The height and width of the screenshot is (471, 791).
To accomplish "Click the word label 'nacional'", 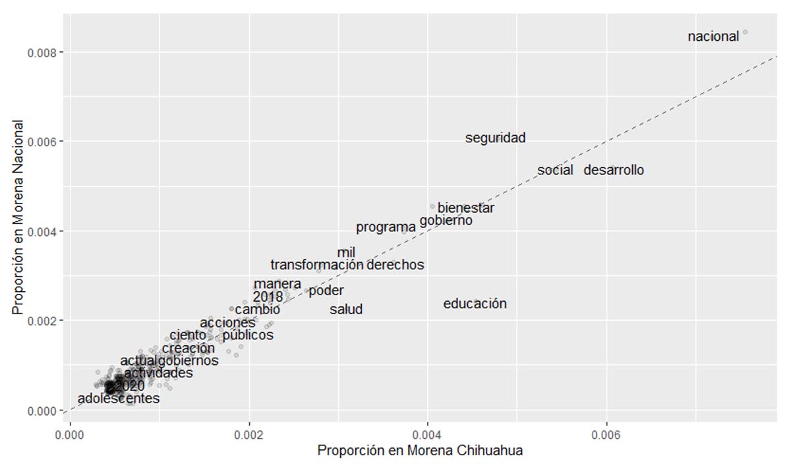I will pos(713,37).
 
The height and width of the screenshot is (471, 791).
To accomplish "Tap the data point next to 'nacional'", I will pos(745,32).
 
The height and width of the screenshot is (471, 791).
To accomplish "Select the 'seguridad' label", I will pos(495,138).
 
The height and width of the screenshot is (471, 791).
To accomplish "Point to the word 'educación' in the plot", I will pos(475,304).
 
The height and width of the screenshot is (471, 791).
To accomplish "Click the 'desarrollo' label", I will pos(614,170).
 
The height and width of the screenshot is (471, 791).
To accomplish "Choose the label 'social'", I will pos(555,170).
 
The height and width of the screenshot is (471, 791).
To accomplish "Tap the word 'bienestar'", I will pos(466,208).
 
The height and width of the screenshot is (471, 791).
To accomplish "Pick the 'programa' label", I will pos(386,228).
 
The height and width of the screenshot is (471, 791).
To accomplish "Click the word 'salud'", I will pos(346,309).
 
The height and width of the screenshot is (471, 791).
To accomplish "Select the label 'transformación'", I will pos(317,265).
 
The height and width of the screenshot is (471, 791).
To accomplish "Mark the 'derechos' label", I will pos(395,265).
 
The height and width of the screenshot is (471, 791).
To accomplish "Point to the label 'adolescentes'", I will pos(119,399).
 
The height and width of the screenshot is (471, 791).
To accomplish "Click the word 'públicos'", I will pos(248,335).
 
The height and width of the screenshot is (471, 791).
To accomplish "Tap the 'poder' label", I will pos(326,291).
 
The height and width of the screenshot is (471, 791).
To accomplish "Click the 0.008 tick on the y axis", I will pos(41,53).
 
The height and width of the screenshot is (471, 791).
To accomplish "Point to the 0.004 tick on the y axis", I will pos(41,231).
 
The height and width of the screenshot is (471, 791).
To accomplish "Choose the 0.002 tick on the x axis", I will pos(249,435).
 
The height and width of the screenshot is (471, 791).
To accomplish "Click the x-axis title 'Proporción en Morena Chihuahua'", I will pos(420,452).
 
